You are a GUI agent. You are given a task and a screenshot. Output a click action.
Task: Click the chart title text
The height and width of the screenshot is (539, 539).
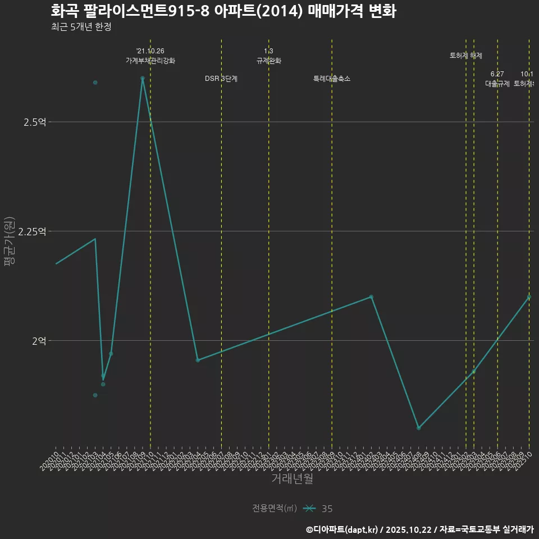point(223,11)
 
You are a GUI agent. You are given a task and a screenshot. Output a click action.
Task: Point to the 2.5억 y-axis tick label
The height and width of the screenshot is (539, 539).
point(35,122)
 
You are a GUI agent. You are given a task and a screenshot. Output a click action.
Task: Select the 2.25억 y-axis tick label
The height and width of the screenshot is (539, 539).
point(33,231)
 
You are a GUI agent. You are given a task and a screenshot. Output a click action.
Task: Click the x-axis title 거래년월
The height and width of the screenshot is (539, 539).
point(292,478)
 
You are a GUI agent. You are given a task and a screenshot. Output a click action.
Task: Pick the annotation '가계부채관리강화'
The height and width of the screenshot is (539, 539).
point(150,61)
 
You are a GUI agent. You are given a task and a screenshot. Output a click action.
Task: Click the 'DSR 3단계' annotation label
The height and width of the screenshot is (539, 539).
point(221,79)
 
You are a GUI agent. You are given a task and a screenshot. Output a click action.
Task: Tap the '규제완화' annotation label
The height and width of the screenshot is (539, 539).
point(268,61)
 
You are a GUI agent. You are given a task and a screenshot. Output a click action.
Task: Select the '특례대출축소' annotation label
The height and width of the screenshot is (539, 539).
point(332,79)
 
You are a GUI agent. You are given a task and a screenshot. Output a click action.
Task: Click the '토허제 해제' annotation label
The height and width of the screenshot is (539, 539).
point(466,56)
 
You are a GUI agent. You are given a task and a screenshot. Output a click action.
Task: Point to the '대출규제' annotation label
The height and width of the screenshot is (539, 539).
point(497,84)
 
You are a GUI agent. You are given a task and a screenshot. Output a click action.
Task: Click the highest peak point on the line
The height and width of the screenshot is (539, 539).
point(143,78)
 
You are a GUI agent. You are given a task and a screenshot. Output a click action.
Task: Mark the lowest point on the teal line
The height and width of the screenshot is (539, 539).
point(418,428)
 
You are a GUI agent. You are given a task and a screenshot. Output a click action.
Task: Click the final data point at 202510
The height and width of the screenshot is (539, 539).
point(529,297)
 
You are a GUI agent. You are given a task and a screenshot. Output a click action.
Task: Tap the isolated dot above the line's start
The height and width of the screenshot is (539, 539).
point(95,83)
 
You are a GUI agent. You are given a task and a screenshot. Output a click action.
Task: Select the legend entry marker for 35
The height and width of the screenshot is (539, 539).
point(308,509)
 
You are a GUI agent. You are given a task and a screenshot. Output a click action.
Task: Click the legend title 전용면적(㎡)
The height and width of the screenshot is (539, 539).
point(274,509)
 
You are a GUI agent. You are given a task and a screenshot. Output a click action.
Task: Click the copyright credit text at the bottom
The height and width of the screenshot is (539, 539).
point(419,529)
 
